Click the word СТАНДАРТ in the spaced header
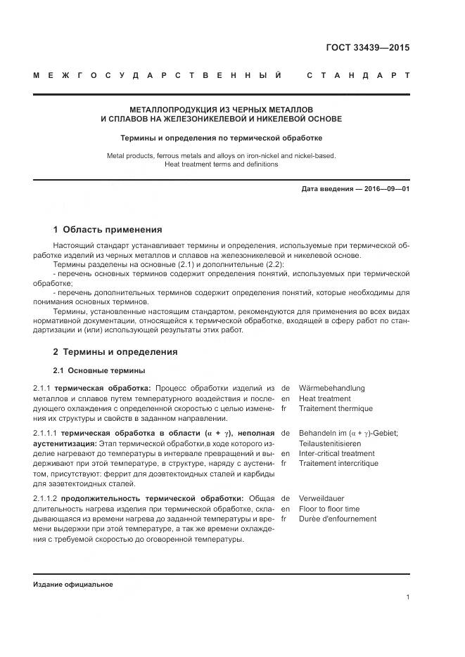pos(358,75)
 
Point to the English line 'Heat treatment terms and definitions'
pos(221,164)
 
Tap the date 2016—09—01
pos(384,189)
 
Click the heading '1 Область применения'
pos(108,229)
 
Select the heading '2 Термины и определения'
pos(115,351)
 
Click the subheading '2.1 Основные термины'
pos(99,370)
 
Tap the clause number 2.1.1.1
pos(46,434)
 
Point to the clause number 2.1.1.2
pos(46,498)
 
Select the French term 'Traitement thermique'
pos(336,408)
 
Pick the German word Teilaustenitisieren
pos(330,443)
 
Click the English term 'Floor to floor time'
pos(329,509)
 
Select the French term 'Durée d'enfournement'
pos(337,519)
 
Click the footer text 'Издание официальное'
pos(72,584)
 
